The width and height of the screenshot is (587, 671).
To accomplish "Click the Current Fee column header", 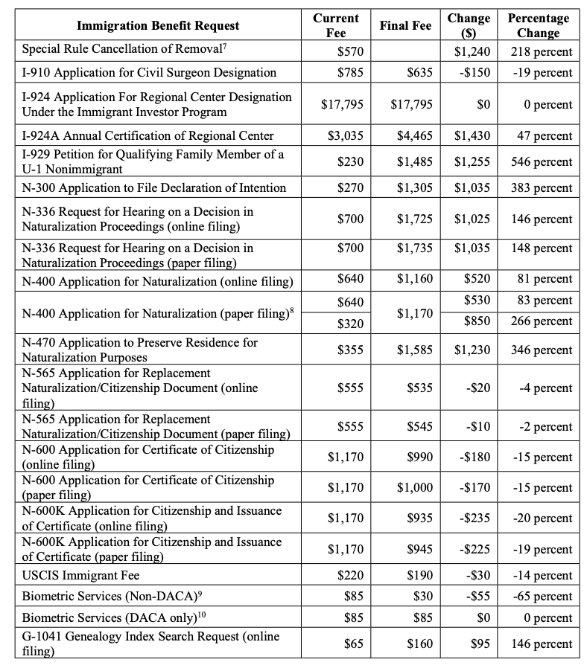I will click(x=336, y=25).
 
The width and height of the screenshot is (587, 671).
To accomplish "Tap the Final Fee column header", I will click(x=405, y=25).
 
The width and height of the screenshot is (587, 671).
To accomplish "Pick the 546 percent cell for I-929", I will click(x=542, y=161).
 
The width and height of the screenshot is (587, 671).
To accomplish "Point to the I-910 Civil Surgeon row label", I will click(x=149, y=73).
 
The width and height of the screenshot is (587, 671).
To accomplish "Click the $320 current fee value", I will click(x=350, y=322).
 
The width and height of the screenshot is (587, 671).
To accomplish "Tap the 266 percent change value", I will click(x=542, y=322).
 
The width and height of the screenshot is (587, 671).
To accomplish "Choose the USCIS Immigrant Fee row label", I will click(x=80, y=575).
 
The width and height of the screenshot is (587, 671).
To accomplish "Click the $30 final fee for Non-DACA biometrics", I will click(x=421, y=597).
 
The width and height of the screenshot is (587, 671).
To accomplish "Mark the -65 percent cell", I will click(x=543, y=597).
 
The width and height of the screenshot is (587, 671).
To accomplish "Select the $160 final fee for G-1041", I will click(x=418, y=643).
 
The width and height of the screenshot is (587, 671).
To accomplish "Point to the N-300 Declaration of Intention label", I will click(x=153, y=187).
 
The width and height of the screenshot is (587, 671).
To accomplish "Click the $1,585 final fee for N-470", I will click(x=415, y=350).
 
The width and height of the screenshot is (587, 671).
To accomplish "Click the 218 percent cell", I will click(x=542, y=52).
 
